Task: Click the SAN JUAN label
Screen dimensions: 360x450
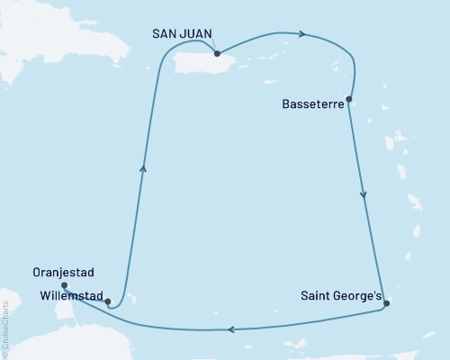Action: tap(183, 33)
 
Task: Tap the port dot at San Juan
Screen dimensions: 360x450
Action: tap(217, 54)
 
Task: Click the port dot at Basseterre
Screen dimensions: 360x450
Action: tap(348, 99)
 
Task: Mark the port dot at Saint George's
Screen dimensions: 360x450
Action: tap(386, 303)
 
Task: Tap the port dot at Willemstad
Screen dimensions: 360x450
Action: tap(107, 302)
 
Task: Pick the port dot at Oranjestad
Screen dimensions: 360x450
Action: tap(64, 285)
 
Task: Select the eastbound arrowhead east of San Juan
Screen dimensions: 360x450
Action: tap(303, 34)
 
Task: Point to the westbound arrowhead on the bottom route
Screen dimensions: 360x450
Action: tap(231, 329)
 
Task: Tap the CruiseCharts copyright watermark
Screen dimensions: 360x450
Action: tap(5, 329)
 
